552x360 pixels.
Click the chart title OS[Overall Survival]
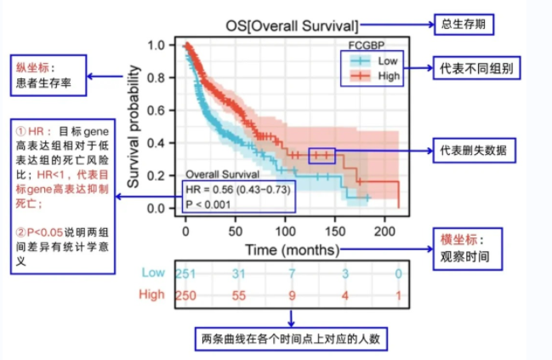292,26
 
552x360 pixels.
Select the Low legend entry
388,61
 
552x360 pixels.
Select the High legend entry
389,76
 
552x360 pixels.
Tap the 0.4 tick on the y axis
156,143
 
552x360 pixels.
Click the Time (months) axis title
292,250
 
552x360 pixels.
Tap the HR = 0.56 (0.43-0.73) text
239,188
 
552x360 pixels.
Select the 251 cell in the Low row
186,272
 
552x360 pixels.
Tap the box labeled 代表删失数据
473,151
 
